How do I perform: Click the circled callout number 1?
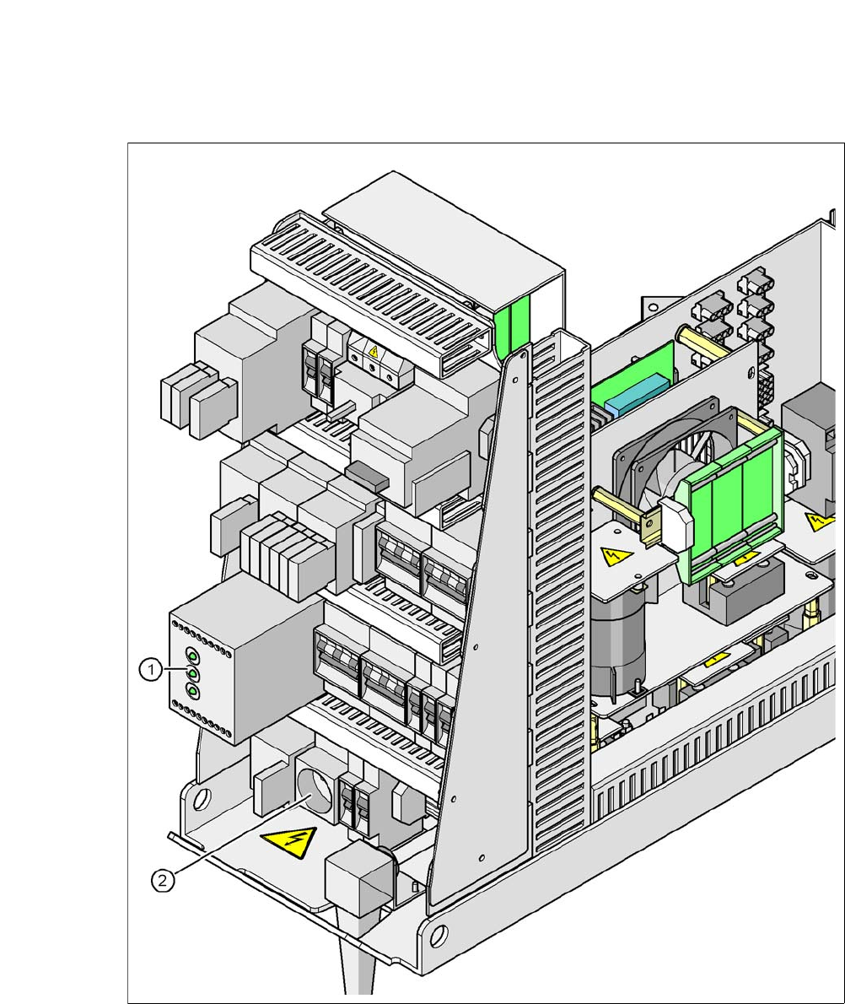tap(150, 671)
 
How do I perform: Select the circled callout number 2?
tap(163, 881)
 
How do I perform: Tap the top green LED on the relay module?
tap(192, 657)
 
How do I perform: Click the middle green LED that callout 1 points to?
tap(192, 674)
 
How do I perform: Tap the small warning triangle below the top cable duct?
tap(374, 352)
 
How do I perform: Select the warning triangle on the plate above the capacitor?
tap(616, 556)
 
